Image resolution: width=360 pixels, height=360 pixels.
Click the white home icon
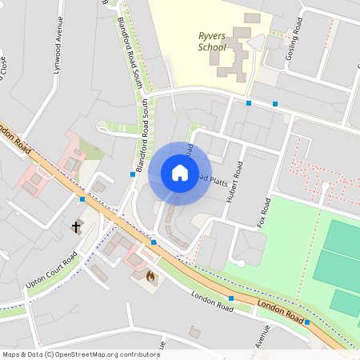point(180,173)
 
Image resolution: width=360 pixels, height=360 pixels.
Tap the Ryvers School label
point(212,41)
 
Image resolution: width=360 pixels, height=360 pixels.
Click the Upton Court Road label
point(51,270)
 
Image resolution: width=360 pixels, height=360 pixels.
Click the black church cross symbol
point(77,227)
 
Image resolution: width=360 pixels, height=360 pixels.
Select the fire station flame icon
point(150,276)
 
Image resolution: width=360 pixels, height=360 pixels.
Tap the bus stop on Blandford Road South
point(133,174)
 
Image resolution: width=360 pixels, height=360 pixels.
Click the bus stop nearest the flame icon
point(153,242)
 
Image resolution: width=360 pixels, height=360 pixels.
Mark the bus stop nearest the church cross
point(82,198)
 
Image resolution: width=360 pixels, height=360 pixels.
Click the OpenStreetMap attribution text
point(80,354)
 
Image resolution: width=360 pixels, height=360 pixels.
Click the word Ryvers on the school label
point(212,35)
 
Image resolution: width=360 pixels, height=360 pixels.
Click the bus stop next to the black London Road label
point(307,322)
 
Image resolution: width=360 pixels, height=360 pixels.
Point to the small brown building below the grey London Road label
point(194,330)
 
